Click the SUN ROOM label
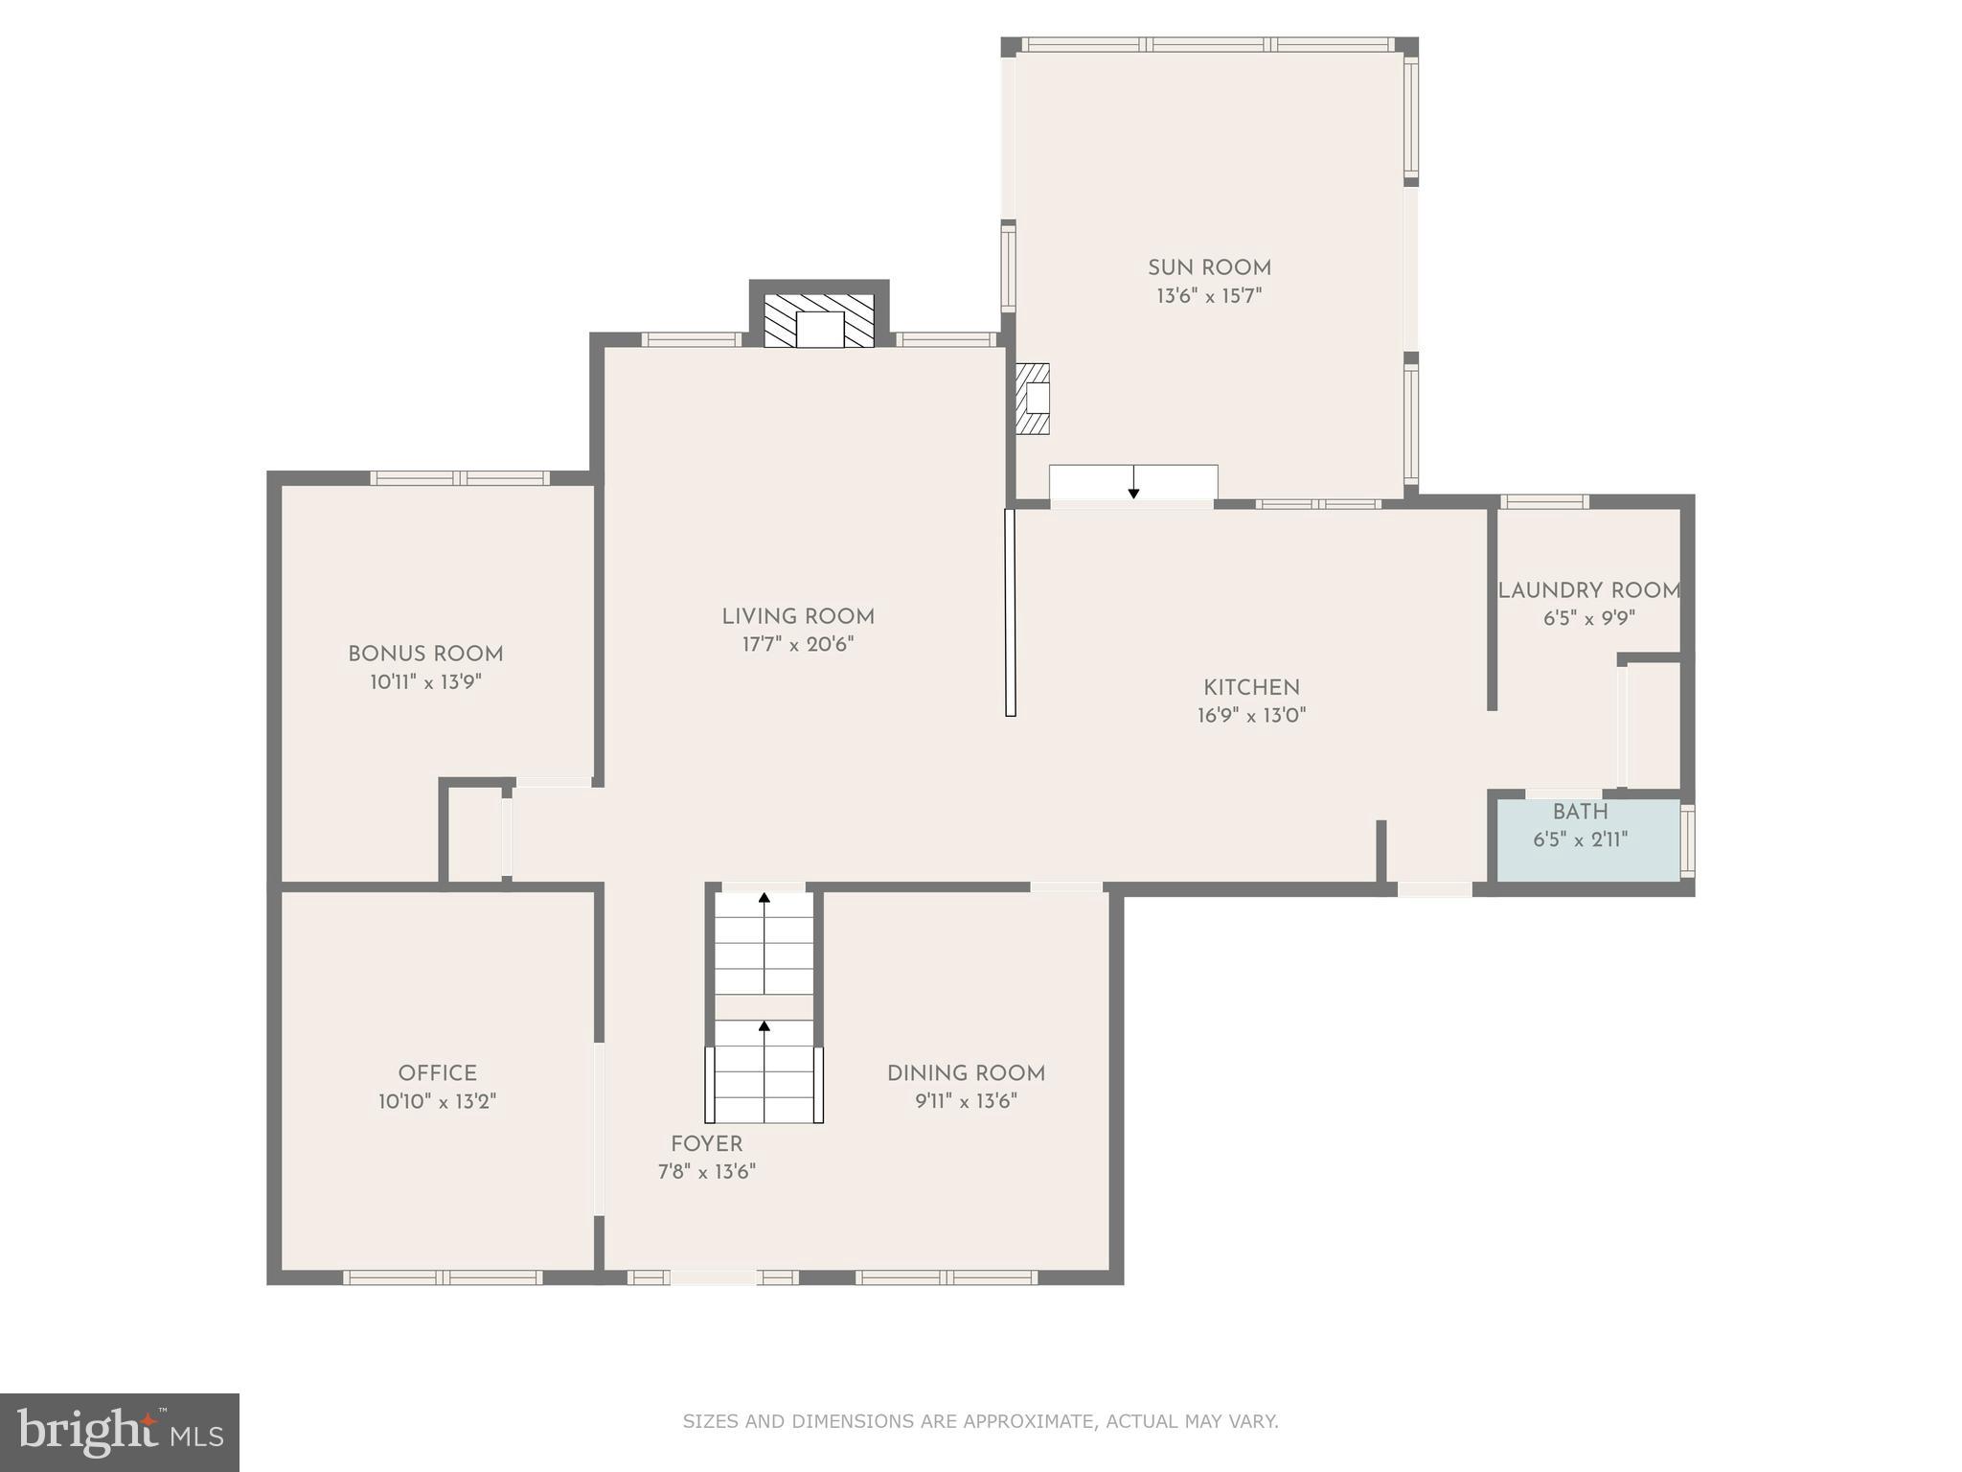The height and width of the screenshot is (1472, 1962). pyautogui.click(x=1209, y=268)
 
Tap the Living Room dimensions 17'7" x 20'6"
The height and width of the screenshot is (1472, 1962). pyautogui.click(x=797, y=645)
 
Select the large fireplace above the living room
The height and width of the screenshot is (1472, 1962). pyautogui.click(x=819, y=321)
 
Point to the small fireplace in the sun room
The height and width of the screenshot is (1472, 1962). pyautogui.click(x=1034, y=398)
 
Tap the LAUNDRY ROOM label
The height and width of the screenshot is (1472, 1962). pyautogui.click(x=1588, y=591)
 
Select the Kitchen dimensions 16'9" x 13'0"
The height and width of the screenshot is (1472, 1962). pyautogui.click(x=1251, y=716)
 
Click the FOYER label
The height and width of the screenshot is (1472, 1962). pyautogui.click(x=706, y=1144)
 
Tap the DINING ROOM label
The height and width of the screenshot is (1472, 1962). pyautogui.click(x=966, y=1073)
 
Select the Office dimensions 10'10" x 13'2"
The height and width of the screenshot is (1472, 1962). pyautogui.click(x=437, y=1102)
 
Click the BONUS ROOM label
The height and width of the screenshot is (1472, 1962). pyautogui.click(x=425, y=655)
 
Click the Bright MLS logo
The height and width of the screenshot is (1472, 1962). pyautogui.click(x=120, y=1433)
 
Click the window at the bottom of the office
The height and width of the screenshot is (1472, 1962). pyautogui.click(x=443, y=1276)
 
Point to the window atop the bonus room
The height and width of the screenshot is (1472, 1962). pyautogui.click(x=460, y=478)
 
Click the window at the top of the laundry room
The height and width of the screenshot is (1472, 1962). pyautogui.click(x=1543, y=501)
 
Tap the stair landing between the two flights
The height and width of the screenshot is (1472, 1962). pyautogui.click(x=764, y=1007)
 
